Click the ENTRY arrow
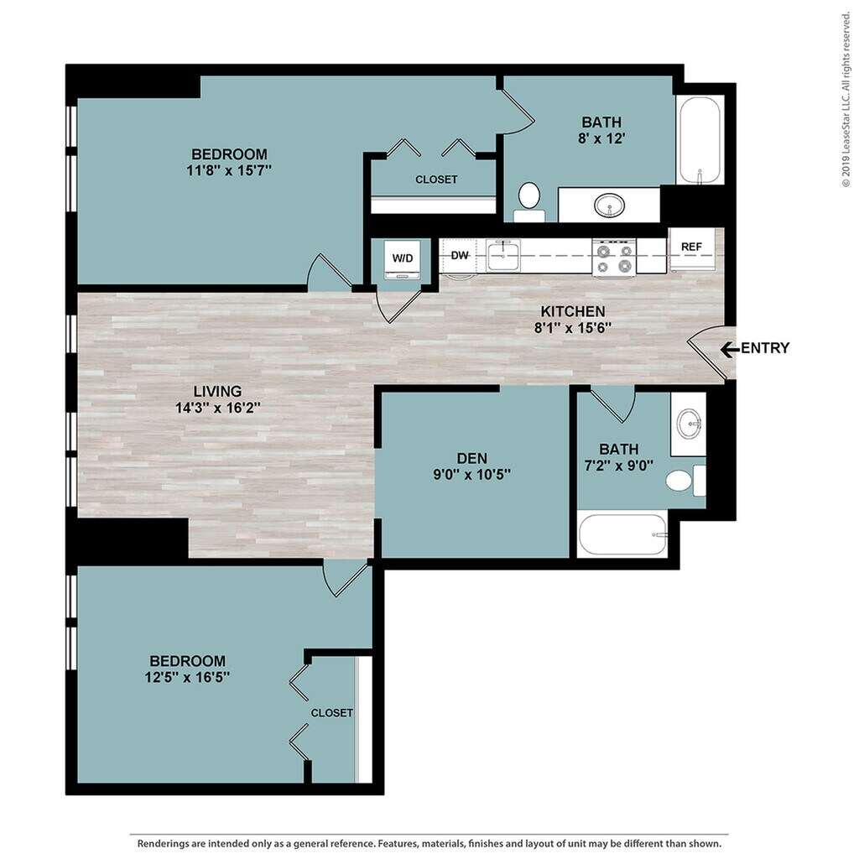click(x=730, y=349)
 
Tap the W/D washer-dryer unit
click(x=402, y=258)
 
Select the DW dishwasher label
click(x=460, y=255)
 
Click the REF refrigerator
click(x=691, y=249)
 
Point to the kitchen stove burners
click(x=613, y=258)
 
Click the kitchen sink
click(x=503, y=255)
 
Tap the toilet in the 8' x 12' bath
click(x=529, y=203)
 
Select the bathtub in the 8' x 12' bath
click(x=700, y=140)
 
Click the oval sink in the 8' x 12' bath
click(x=609, y=206)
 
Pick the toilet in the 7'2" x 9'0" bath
click(x=685, y=481)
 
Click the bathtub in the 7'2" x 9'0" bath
click(x=623, y=534)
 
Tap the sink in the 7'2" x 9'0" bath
click(x=690, y=424)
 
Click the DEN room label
click(x=472, y=458)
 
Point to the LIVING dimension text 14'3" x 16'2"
click(x=217, y=409)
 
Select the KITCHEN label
click(x=573, y=311)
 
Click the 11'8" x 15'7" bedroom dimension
click(x=229, y=171)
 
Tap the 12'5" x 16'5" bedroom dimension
click(x=187, y=678)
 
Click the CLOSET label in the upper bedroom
click(x=436, y=180)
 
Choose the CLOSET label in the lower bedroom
click(x=332, y=713)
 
